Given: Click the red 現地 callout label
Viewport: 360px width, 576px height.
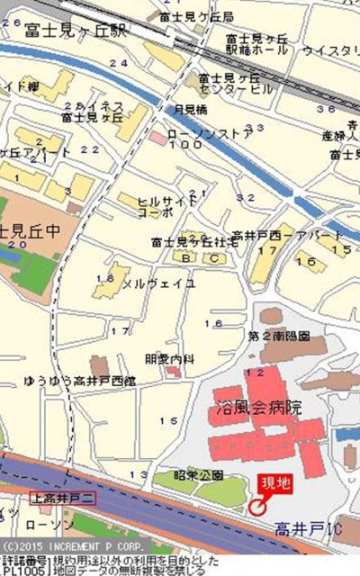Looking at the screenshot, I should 275,483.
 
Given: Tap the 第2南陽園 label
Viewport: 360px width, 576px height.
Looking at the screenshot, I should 279,336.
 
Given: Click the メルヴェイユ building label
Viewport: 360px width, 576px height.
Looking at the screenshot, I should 158,283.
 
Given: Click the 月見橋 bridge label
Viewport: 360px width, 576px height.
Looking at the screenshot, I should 190,110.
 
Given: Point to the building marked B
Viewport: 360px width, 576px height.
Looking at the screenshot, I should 187,258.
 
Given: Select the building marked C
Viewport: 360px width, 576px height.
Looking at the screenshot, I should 214,258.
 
